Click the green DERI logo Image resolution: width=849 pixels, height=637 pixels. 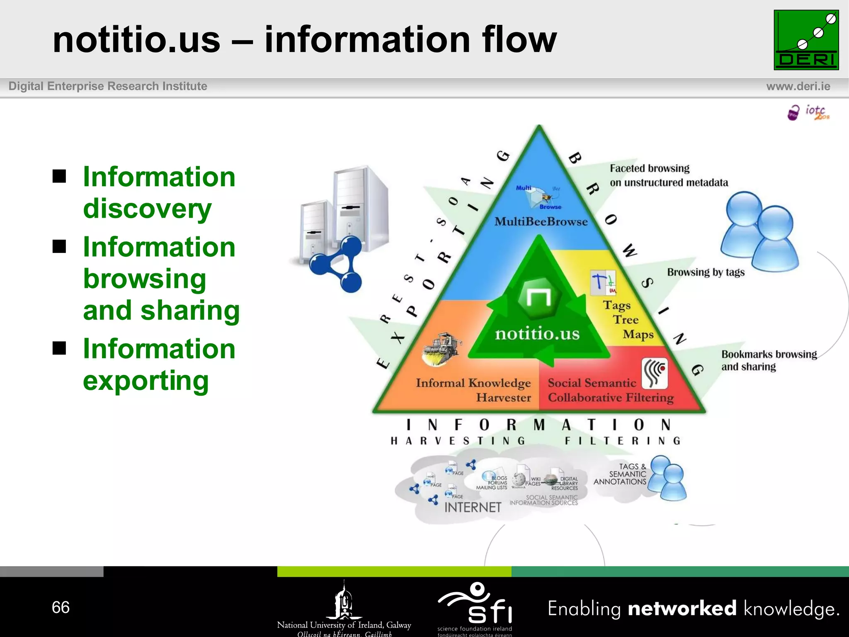tap(806, 40)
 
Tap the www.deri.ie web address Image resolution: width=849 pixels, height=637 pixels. tap(798, 86)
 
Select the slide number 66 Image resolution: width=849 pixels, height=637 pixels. tap(61, 608)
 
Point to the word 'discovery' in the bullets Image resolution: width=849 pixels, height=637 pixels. tap(147, 209)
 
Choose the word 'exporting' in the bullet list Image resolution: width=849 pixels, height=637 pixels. tap(146, 381)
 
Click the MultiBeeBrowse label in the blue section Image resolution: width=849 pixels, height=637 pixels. tap(541, 221)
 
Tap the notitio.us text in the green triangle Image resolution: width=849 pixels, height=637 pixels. tap(537, 333)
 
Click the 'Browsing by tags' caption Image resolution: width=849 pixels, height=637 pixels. tap(706, 272)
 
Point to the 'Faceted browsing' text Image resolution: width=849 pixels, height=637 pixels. tap(650, 168)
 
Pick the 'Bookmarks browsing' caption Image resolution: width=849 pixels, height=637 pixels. tap(769, 354)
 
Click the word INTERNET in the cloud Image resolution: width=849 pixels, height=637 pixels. tap(473, 507)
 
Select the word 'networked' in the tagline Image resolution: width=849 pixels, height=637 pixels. tap(682, 608)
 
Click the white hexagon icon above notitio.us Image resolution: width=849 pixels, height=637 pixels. tap(539, 297)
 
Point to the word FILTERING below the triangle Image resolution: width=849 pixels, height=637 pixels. tap(622, 441)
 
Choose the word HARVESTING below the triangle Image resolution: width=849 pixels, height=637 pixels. tap(458, 441)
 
